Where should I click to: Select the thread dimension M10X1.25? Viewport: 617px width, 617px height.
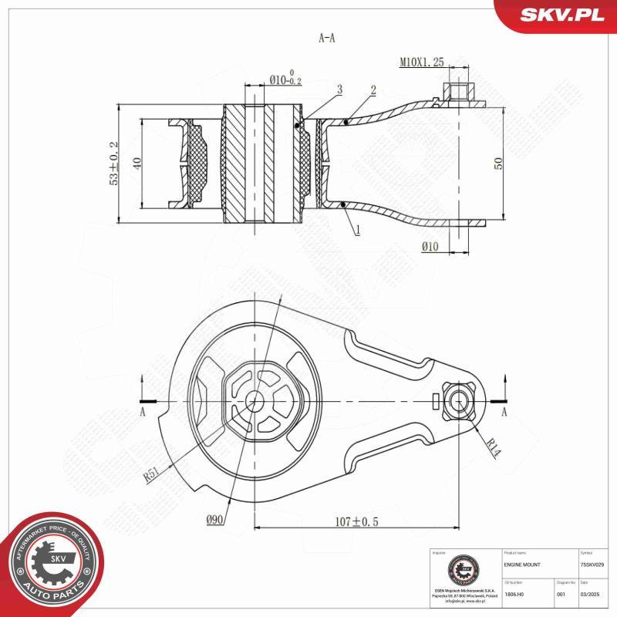pyautogui.click(x=422, y=62)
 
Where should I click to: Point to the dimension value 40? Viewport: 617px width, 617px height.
pyautogui.click(x=137, y=164)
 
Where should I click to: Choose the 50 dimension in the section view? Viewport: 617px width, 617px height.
pyautogui.click(x=498, y=164)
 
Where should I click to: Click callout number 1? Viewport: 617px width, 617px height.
pyautogui.click(x=359, y=229)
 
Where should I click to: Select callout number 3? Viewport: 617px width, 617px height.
pyautogui.click(x=339, y=91)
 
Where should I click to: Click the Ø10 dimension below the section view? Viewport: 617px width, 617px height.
pyautogui.click(x=430, y=246)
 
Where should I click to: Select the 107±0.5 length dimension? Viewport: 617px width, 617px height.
pyautogui.click(x=356, y=521)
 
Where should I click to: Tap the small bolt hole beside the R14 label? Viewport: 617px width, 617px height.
pyautogui.click(x=457, y=401)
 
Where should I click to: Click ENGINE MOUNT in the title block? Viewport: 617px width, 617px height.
pyautogui.click(x=522, y=565)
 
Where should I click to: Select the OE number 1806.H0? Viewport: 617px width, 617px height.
pyautogui.click(x=514, y=595)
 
